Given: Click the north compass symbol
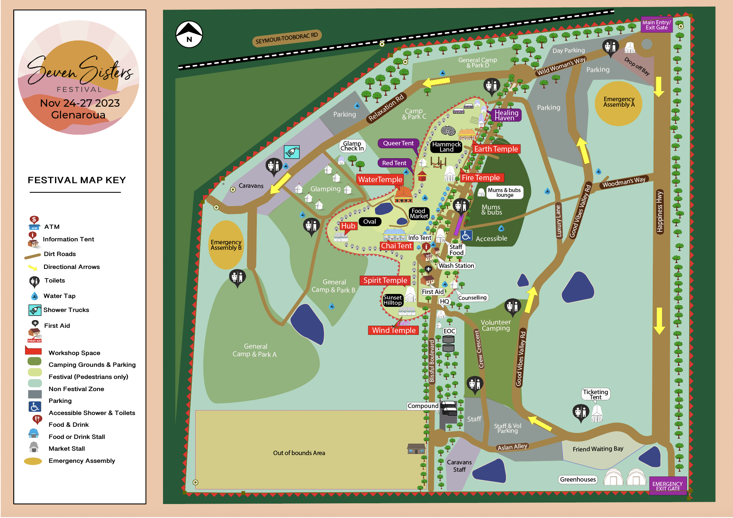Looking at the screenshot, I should coord(189,34).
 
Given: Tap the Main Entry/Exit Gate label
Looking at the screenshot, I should coord(656,25).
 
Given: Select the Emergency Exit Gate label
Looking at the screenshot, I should coord(668,486).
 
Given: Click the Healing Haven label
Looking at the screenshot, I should coord(506,115).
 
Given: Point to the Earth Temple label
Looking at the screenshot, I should coord(496,149).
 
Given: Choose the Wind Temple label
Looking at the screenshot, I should coord(393,330).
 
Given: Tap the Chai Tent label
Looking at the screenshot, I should coord(396,246).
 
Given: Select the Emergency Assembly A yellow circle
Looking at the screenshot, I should coord(619,103).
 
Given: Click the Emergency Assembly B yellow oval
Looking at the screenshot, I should coord(226,245).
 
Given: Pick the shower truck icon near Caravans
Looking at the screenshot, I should coord(292,152).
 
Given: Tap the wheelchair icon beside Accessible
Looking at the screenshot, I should coord(466,235).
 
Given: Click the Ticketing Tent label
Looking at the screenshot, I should coord(595,394).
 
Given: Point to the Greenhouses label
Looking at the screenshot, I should coord(578,479).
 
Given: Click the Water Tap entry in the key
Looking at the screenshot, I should coord(59,296).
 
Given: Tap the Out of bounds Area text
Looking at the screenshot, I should coord(299,453).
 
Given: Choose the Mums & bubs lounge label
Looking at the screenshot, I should coord(504,192).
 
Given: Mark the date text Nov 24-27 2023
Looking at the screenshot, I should coord(80,103).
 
